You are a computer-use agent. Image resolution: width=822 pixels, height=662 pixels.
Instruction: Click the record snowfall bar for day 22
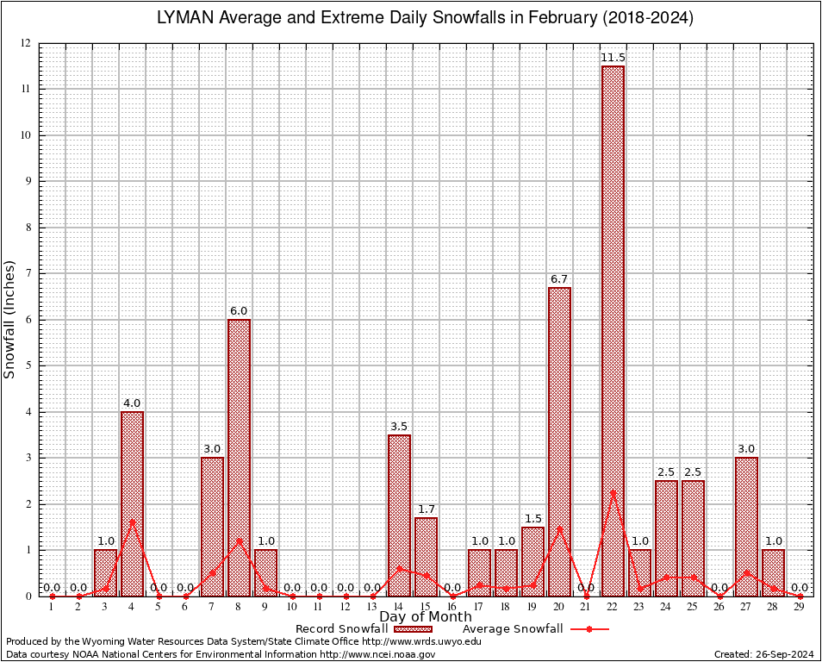click(613, 331)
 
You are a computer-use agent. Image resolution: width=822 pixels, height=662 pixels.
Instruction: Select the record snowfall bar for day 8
click(239, 458)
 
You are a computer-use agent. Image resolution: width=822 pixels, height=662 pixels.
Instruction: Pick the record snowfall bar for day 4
click(132, 503)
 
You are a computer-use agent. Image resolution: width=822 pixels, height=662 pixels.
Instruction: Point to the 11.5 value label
click(613, 58)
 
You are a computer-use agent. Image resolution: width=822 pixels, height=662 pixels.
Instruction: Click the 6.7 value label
click(559, 279)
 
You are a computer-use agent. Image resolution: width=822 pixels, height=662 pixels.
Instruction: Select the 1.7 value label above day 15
click(426, 509)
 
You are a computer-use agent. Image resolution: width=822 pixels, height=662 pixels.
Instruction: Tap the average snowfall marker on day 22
click(613, 492)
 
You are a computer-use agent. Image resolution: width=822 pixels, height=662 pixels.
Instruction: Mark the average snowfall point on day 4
click(132, 521)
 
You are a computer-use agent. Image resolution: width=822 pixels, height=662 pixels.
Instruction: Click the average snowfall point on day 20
click(559, 528)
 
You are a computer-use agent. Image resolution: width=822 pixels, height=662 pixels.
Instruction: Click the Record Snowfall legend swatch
click(414, 629)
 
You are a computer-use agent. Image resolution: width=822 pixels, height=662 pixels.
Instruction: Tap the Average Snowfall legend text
click(513, 629)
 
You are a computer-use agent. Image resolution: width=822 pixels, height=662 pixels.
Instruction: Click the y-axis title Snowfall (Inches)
click(10, 319)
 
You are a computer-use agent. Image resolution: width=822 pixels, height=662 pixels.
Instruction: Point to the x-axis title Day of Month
click(426, 617)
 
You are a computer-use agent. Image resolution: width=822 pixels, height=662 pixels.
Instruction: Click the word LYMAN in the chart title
click(185, 18)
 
